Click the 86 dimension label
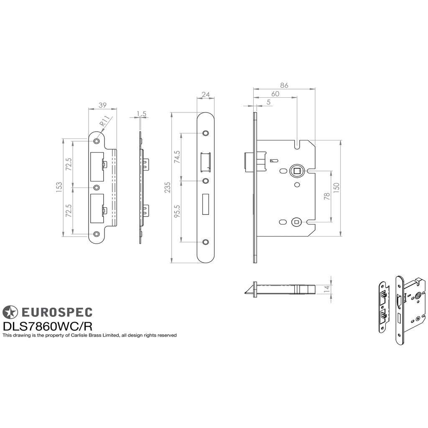(284, 85)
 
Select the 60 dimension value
(275, 94)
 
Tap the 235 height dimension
(167, 188)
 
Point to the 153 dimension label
(59, 187)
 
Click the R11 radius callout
(104, 121)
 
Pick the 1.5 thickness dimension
(141, 114)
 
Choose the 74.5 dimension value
(177, 157)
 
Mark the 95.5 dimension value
(177, 211)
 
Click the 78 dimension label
(327, 196)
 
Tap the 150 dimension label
(336, 188)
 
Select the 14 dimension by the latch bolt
(327, 289)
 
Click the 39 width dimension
(102, 105)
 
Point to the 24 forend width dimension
(206, 94)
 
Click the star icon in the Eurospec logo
(10, 312)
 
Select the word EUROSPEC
(57, 312)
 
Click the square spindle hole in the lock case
(297, 171)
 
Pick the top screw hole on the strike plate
(97, 141)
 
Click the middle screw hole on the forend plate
(206, 181)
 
